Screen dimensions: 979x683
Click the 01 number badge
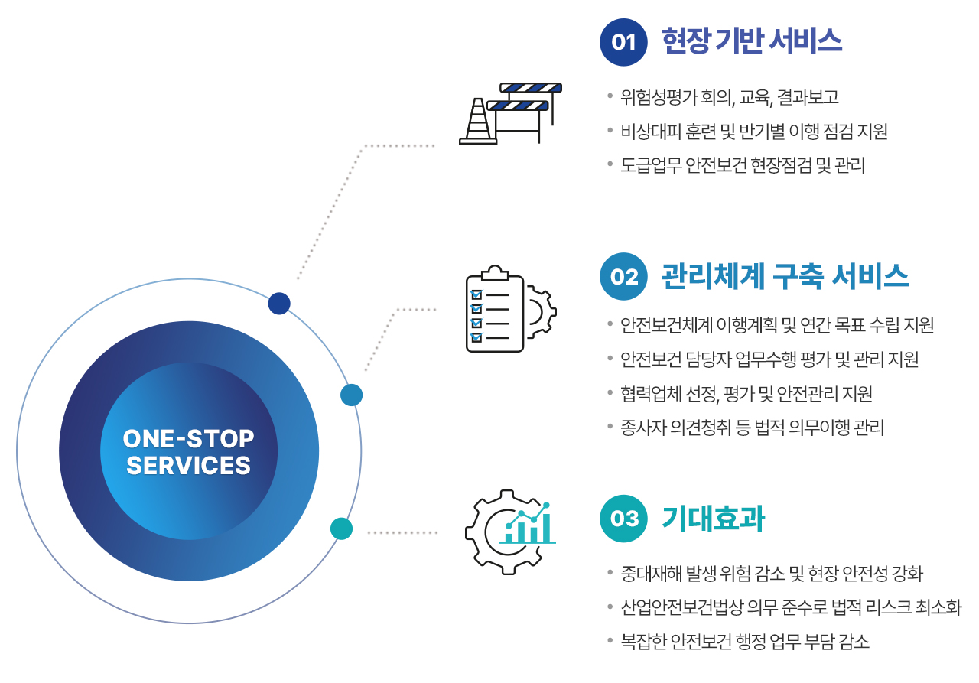coord(623,42)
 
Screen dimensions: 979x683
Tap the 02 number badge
coord(623,276)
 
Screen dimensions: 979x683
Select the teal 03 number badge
coord(623,519)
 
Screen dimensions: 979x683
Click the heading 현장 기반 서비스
coord(752,41)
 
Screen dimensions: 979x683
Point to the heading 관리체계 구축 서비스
coord(785,276)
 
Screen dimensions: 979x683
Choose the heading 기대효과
coord(713,519)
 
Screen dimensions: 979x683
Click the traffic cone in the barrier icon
coord(478,121)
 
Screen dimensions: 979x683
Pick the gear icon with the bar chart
coord(510,532)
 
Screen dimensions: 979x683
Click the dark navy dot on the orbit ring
coord(279,304)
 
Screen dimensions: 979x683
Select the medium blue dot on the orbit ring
coord(351,395)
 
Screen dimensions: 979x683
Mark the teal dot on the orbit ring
coord(341,529)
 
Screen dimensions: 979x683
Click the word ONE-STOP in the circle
coord(188,439)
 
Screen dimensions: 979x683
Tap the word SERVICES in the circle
coord(188,465)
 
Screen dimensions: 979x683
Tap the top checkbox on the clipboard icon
coord(476,294)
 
